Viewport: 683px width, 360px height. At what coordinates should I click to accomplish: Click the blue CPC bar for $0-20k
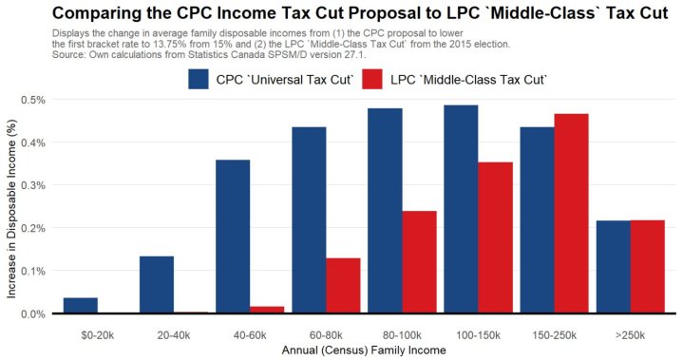[80, 305]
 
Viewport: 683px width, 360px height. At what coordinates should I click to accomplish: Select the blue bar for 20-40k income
[156, 284]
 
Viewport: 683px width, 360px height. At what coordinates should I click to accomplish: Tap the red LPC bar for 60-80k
[343, 285]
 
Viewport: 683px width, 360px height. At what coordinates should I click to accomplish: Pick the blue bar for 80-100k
[385, 210]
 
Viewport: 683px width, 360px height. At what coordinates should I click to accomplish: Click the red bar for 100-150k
[495, 237]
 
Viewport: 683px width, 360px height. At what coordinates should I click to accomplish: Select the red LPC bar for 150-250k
[571, 213]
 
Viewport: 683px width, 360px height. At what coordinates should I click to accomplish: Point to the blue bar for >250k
[613, 266]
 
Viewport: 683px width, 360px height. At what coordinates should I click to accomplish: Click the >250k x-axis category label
[631, 334]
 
